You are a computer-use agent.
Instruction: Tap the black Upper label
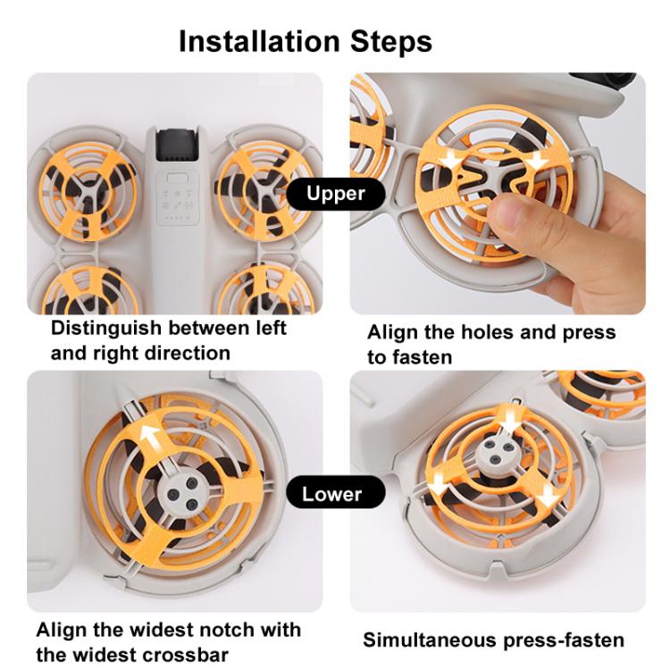point(335,193)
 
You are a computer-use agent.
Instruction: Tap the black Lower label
point(335,493)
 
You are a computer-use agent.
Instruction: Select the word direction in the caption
point(188,353)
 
